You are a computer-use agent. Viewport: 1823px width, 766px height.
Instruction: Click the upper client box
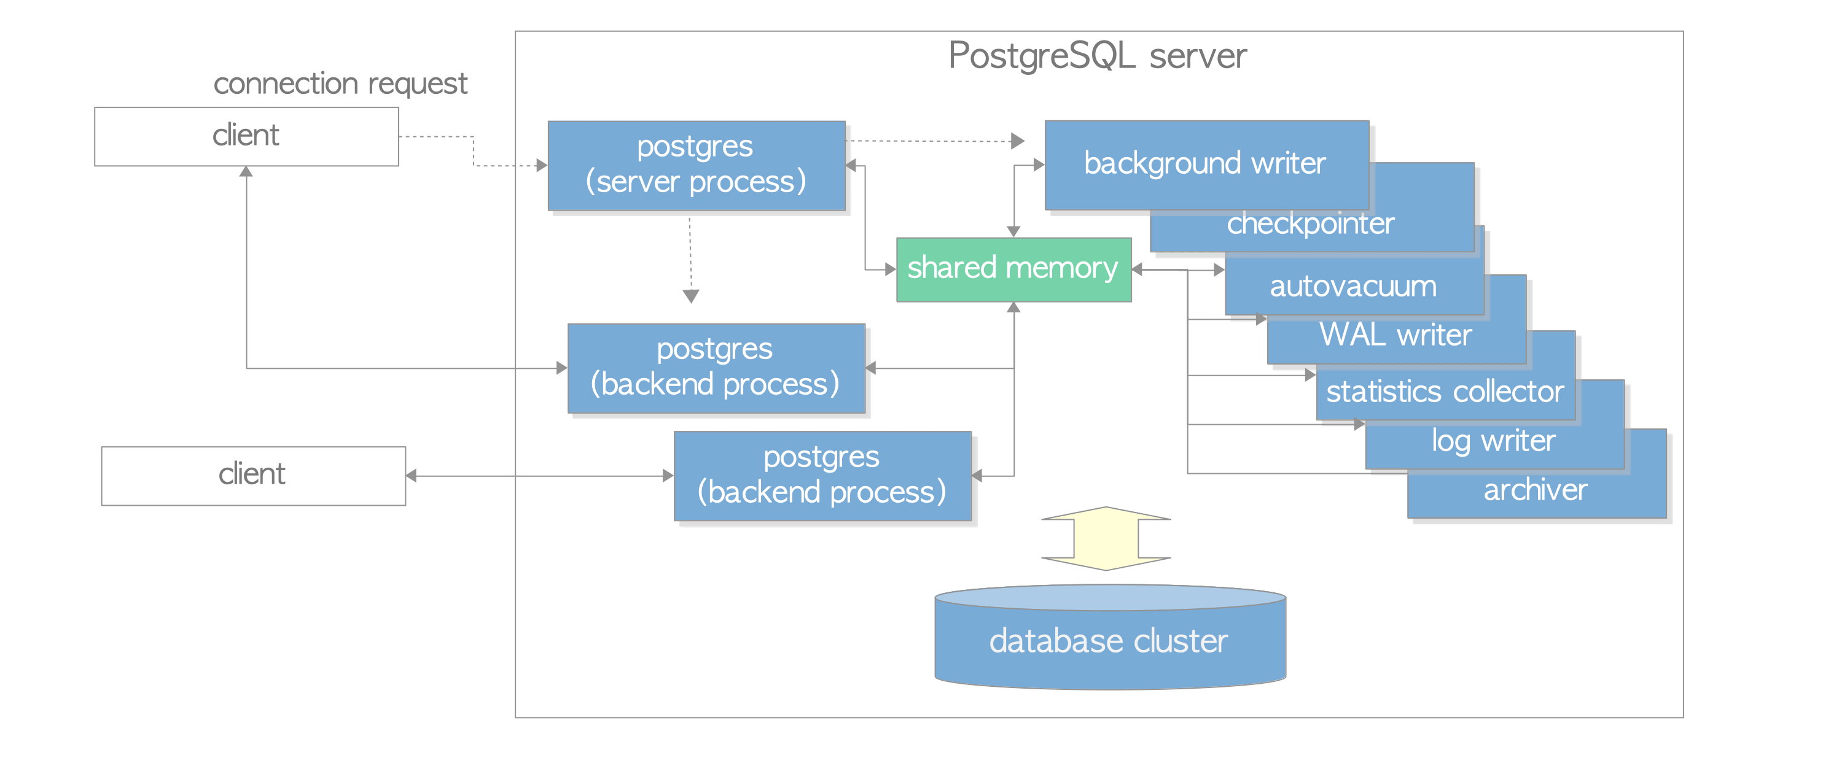pos(246,136)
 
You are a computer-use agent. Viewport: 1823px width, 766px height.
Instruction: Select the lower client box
pos(252,475)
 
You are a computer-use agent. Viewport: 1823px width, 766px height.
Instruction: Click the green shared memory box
pos(1013,269)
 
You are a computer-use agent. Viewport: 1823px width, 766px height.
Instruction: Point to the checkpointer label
pos(1310,224)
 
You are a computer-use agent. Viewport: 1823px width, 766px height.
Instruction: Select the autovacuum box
pos(1353,287)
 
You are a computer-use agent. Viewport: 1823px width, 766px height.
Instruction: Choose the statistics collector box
pos(1445,391)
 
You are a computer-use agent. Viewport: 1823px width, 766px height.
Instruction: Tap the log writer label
pos(1493,441)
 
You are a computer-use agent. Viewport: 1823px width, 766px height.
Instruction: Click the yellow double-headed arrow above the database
pos(1106,538)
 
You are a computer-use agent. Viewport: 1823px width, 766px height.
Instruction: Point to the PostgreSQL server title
pos(1097,56)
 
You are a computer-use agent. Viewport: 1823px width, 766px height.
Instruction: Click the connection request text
pos(340,83)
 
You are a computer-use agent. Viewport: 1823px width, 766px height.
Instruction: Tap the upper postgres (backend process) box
pos(716,368)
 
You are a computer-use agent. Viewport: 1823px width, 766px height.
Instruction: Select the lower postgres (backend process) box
pos(822,475)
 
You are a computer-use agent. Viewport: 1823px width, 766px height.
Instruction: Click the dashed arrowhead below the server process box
pos(691,296)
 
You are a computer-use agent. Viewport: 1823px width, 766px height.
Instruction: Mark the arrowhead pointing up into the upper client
pos(246,172)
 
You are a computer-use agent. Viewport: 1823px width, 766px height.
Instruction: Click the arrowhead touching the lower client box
pos(411,475)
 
